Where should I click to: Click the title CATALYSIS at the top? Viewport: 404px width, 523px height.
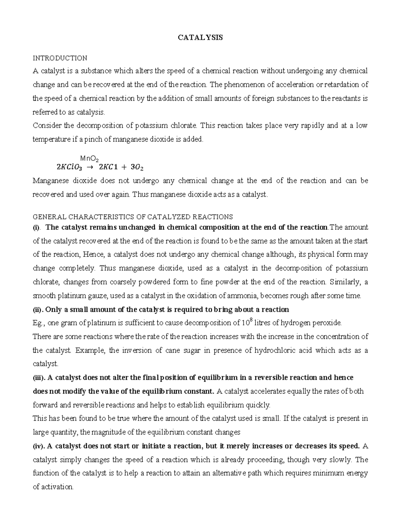click(x=200, y=38)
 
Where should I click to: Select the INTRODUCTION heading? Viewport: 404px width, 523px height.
click(x=60, y=58)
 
